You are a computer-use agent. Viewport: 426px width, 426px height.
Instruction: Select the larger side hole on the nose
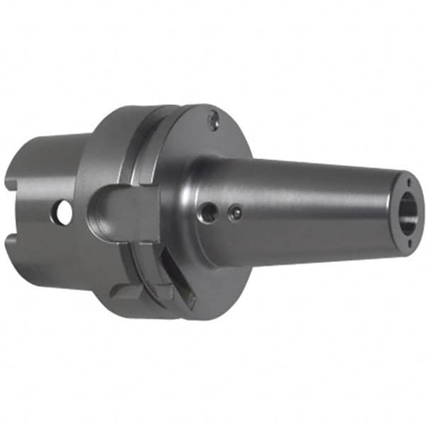click(207, 212)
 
